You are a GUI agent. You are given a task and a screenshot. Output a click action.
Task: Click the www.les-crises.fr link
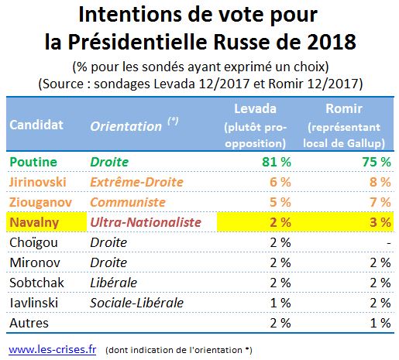(53, 350)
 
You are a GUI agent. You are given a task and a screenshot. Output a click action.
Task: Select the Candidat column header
(36, 125)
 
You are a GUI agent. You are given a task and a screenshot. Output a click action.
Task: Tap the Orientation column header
(126, 126)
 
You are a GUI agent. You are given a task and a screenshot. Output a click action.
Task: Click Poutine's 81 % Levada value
(277, 162)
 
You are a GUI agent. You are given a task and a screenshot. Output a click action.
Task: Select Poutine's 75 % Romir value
(377, 162)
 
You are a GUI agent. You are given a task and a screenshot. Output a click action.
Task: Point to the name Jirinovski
(38, 182)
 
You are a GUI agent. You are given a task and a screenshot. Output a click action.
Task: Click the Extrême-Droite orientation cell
(136, 182)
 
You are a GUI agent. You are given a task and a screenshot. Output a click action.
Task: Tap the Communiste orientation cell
(128, 202)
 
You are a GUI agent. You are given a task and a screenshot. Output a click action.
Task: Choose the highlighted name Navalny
(34, 222)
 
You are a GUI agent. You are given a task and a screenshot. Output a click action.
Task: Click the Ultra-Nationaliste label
(146, 222)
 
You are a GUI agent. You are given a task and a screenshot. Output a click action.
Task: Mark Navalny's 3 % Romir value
(380, 222)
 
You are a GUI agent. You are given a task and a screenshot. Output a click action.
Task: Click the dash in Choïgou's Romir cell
(389, 243)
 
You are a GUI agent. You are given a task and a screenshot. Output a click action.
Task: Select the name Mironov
(35, 262)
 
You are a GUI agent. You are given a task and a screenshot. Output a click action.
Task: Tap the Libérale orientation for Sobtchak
(114, 283)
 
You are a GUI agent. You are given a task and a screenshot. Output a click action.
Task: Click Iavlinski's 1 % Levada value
(280, 303)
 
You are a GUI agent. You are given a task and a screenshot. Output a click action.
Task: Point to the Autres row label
(29, 323)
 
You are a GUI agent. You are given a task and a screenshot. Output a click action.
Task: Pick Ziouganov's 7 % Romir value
(380, 202)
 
